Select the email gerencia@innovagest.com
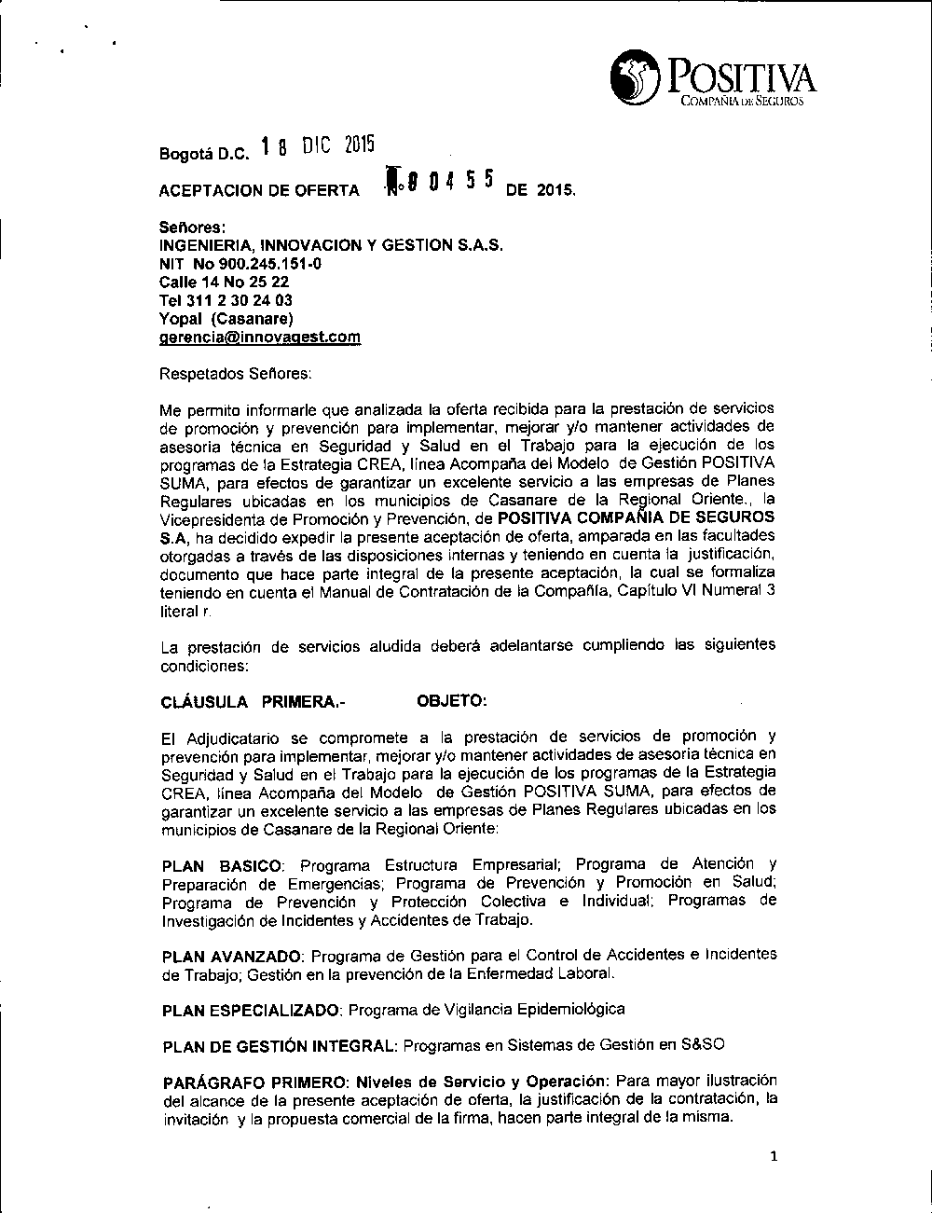pos(260,338)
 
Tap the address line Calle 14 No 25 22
pos(224,282)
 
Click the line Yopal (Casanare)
pos(226,319)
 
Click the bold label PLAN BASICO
pos(221,865)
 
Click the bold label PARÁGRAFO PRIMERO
pos(255,1082)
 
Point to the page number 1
pos(774,1157)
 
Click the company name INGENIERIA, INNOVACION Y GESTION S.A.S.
pos(331,245)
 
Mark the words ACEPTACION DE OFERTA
pos(259,191)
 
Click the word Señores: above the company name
pos(194,227)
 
